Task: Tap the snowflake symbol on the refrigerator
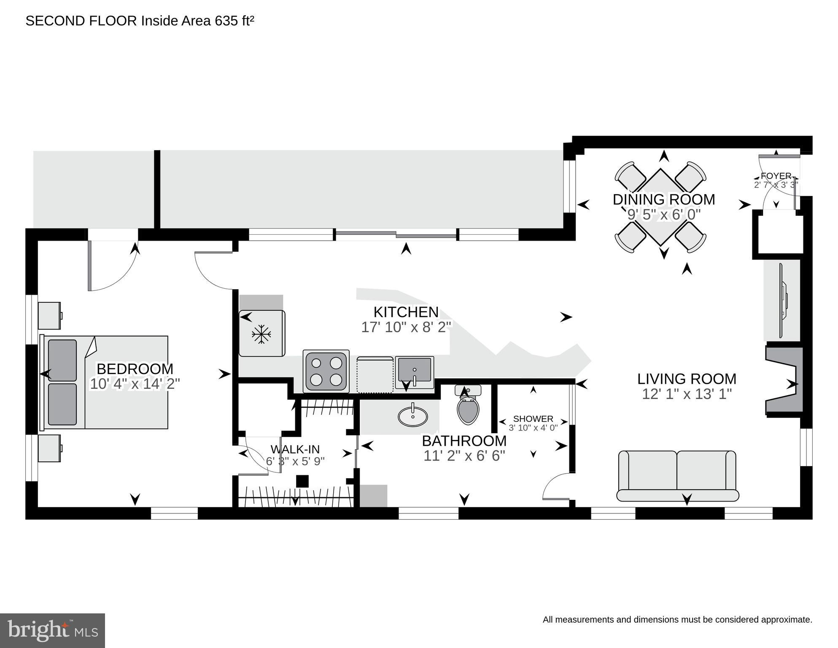pos(261,334)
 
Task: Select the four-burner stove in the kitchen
pos(326,371)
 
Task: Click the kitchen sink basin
pos(415,369)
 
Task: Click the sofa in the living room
pos(677,476)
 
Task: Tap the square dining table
pos(661,207)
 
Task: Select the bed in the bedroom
pos(105,382)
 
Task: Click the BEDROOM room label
pos(135,369)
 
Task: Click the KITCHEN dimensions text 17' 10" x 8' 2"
pos(406,327)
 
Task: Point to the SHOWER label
pos(533,419)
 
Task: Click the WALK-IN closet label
pos(295,449)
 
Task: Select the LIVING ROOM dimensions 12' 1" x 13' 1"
pos(686,394)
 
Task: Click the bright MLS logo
pos(52,630)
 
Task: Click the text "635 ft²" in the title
pos(234,21)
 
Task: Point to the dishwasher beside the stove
pos(375,375)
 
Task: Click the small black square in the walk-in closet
pos(302,481)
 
